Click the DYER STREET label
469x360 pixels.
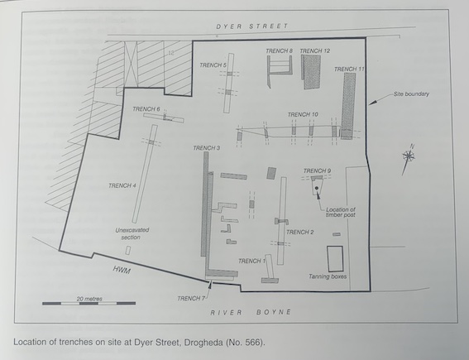coord(251,26)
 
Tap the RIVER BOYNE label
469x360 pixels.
coord(251,312)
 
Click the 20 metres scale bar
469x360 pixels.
coord(89,303)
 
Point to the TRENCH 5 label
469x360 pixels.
coord(213,65)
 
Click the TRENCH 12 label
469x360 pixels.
coord(314,50)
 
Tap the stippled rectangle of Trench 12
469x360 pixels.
coord(311,72)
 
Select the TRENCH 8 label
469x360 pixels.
coord(279,50)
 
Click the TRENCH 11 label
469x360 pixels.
coord(349,70)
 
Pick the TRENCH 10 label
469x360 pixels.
coord(303,114)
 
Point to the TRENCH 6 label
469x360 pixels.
coord(146,109)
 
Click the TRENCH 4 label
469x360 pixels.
coord(122,185)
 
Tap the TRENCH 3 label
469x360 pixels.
coord(207,148)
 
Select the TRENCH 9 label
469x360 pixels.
coord(317,170)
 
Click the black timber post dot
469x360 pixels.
coord(316,188)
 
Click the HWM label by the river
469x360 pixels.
coord(122,270)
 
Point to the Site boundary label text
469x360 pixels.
coord(411,94)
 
